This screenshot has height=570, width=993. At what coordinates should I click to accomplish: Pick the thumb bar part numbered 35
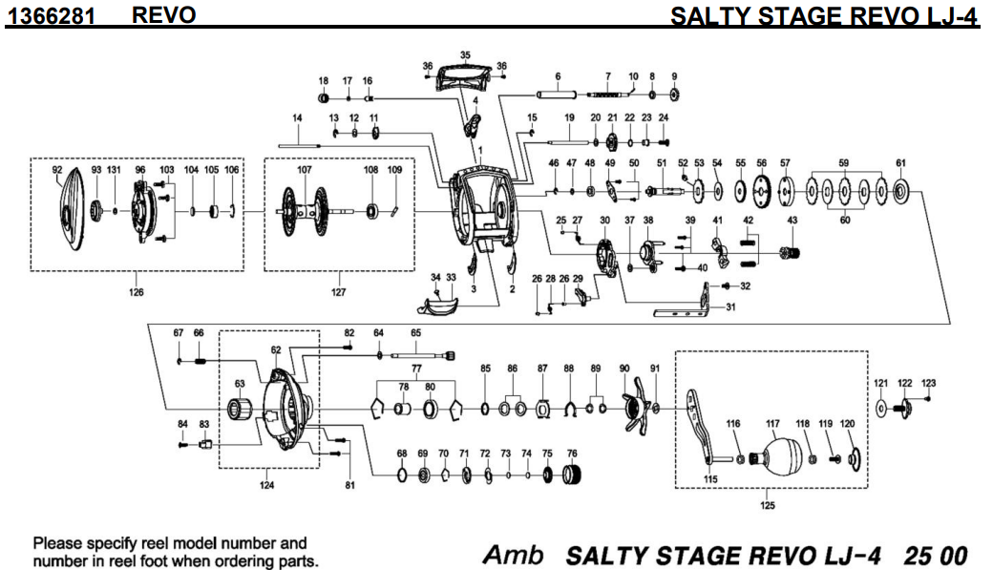(x=465, y=74)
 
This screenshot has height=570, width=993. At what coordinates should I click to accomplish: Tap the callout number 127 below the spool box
(x=339, y=293)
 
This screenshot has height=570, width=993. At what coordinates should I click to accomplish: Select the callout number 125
(x=768, y=506)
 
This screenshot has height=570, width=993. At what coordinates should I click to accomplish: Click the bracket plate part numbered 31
(x=686, y=311)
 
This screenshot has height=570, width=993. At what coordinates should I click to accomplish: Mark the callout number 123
(x=928, y=383)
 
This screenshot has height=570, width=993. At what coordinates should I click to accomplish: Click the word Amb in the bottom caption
(x=514, y=555)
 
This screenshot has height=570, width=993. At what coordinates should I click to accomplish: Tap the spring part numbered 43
(x=791, y=252)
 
